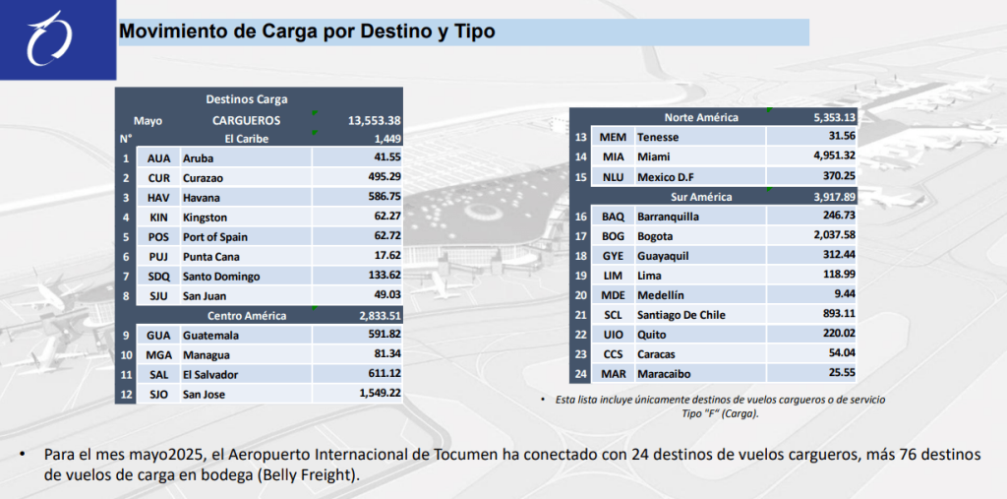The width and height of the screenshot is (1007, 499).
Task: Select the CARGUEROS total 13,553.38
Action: tap(387, 121)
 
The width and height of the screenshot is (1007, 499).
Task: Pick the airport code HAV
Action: tap(158, 197)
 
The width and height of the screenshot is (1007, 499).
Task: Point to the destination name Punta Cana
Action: tap(211, 257)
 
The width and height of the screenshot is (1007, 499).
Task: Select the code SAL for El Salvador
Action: tap(158, 375)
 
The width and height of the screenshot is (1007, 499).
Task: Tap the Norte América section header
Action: tap(701, 118)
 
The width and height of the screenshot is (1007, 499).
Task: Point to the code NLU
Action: tap(613, 176)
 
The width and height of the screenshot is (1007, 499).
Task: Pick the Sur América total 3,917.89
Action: tap(829, 197)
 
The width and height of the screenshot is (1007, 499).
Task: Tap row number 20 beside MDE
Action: tap(580, 295)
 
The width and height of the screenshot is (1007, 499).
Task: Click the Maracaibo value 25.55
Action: tap(841, 373)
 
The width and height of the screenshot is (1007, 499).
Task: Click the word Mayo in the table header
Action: tap(148, 121)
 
